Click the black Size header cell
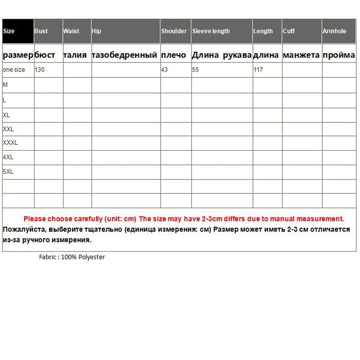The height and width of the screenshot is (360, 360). [18, 31]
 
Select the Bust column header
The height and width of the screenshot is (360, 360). [41, 31]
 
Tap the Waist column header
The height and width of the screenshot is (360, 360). [71, 31]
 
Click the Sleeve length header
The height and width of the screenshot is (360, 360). [211, 31]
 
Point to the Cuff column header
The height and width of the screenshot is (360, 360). [289, 31]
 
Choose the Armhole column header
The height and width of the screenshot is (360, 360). [334, 31]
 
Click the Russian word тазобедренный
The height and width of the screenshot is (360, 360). [124, 55]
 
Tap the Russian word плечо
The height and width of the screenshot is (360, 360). [173, 55]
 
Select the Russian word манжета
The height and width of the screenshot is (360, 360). [301, 55]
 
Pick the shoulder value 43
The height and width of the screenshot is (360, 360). [164, 70]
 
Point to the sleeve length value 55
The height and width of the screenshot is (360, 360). [195, 70]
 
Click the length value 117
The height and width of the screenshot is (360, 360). [258, 70]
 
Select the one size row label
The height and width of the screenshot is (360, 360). [14, 70]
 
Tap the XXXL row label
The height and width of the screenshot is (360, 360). [10, 143]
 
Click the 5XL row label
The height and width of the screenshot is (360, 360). [8, 171]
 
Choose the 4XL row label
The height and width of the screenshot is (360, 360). [8, 157]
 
